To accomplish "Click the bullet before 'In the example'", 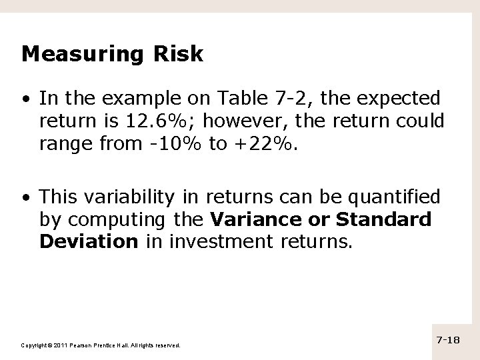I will (25, 100).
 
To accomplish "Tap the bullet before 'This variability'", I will (25, 198).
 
